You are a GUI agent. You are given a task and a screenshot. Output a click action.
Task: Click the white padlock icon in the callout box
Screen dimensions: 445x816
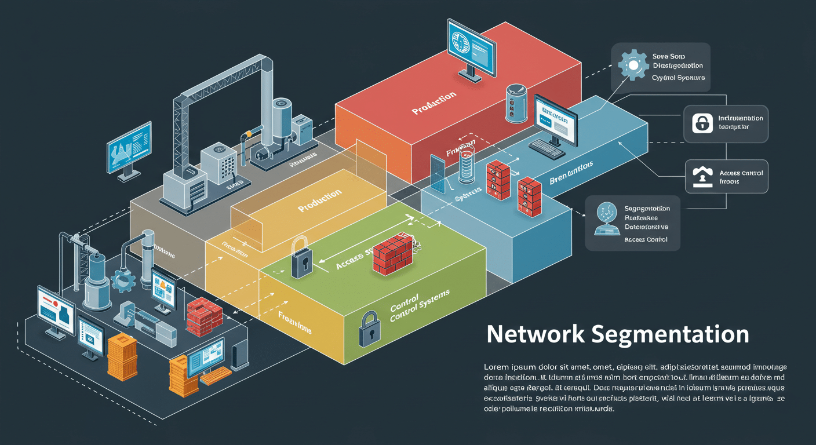(x=702, y=123)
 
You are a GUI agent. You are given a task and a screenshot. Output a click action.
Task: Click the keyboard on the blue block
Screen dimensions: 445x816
(x=547, y=148)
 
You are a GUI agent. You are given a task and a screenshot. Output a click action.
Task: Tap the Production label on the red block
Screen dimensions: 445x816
(x=434, y=103)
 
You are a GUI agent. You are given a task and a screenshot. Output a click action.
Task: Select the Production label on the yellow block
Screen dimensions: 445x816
(x=319, y=200)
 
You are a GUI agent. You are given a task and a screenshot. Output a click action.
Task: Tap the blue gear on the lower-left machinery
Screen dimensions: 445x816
(x=122, y=281)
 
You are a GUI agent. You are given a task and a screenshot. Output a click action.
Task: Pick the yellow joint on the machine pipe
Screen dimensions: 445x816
(x=248, y=135)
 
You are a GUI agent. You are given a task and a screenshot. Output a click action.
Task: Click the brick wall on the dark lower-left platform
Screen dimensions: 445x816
(x=205, y=316)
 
